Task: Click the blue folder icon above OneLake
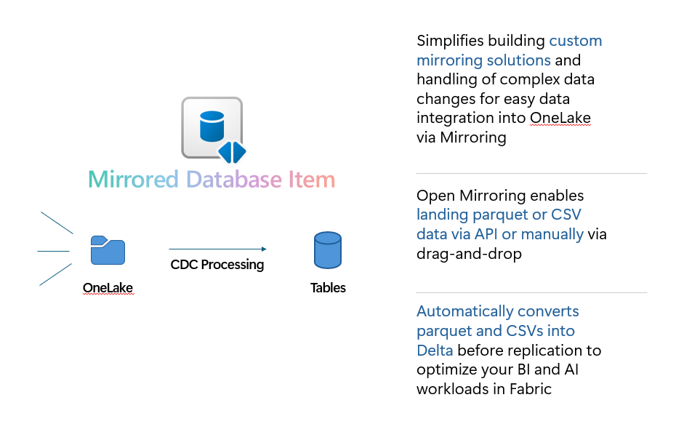(108, 250)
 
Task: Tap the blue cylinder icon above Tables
(328, 250)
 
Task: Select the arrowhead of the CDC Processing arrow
(264, 249)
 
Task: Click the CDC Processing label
(217, 265)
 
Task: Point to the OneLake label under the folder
(108, 288)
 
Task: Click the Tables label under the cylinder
(328, 288)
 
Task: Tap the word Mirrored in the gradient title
(133, 180)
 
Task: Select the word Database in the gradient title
(234, 180)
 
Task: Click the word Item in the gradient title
(312, 180)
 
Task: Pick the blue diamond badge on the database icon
(232, 152)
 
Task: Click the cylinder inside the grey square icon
(212, 127)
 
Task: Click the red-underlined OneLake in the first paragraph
(560, 118)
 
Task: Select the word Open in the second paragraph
(436, 196)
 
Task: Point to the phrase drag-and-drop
(469, 254)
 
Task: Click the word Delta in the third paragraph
(435, 351)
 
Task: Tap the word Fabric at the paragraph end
(531, 389)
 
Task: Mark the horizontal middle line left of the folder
(54, 251)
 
